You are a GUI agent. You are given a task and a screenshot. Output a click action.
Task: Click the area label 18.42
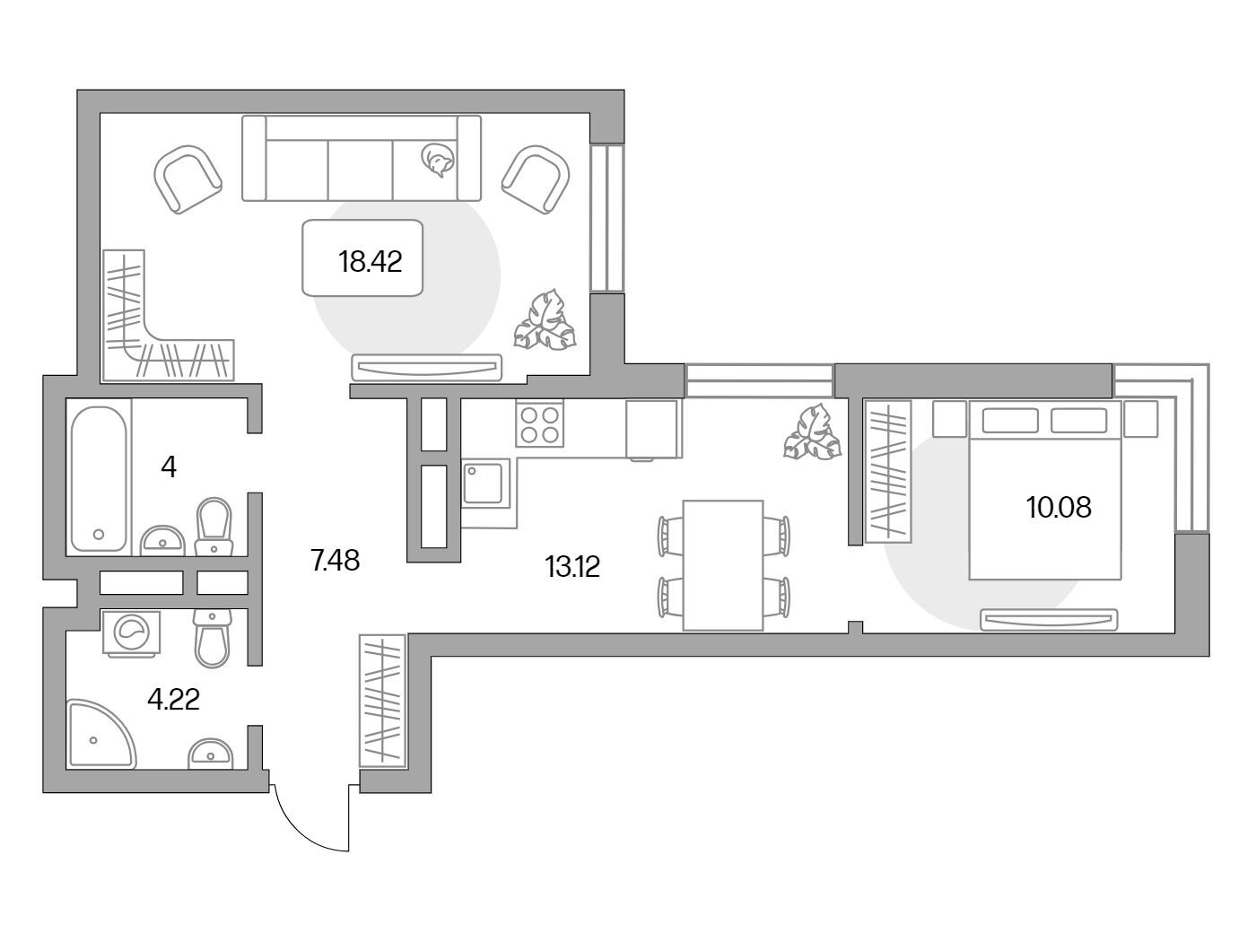coord(371,262)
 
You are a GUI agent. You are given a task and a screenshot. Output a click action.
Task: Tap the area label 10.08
coord(1059,507)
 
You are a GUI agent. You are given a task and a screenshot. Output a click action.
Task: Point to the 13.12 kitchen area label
coord(572,567)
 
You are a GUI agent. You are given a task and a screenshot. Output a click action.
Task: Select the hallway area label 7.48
coord(336,561)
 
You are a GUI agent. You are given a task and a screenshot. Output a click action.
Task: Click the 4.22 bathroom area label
coord(173,699)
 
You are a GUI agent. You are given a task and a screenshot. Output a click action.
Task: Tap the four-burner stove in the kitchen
coord(539,423)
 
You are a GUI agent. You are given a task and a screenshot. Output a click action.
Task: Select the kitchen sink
coord(486,484)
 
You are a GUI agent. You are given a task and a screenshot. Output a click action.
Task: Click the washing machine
coord(132,632)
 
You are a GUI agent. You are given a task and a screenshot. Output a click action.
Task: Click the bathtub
coord(99,479)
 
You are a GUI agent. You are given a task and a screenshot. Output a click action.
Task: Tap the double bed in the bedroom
coord(1045,490)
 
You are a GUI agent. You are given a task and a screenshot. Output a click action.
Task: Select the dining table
coord(723,566)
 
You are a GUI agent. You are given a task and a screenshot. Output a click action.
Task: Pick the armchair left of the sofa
coord(188,179)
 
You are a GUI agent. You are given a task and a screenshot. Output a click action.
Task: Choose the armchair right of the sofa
coord(536,179)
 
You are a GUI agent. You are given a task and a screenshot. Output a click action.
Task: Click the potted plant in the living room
coord(545,320)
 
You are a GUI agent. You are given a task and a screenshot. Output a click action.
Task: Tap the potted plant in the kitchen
coord(813,432)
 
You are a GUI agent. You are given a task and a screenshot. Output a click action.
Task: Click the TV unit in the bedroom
coord(1049,620)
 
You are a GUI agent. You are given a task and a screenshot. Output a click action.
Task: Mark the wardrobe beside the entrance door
coord(382,701)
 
